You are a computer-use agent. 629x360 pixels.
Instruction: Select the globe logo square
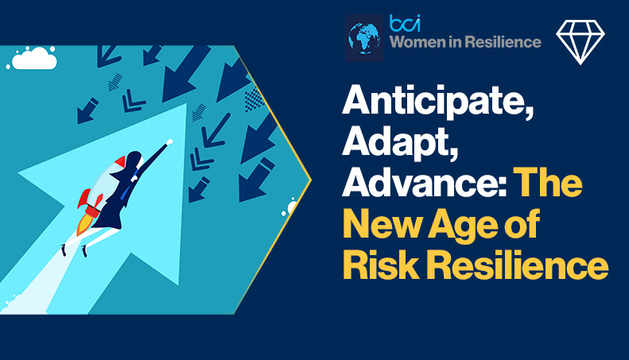click(365, 37)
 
